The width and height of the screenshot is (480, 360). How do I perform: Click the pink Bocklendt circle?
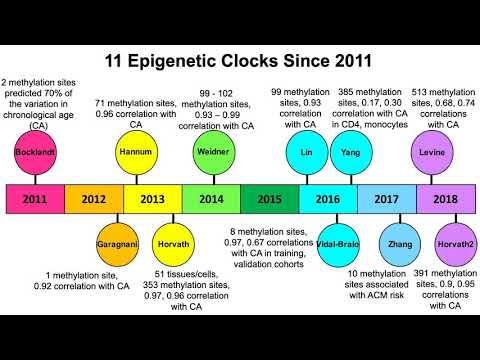[36, 153]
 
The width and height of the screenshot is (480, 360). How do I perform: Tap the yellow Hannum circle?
[135, 152]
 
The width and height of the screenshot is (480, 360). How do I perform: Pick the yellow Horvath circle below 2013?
[173, 243]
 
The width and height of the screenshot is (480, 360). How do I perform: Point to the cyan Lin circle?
[306, 152]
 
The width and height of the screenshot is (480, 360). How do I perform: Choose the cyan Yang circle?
[349, 152]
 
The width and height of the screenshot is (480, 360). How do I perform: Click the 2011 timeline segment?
[36, 198]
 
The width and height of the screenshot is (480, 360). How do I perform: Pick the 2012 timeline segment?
[94, 198]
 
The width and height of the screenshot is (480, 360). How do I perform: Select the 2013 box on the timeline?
[152, 198]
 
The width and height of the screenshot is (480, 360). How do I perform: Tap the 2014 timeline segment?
[210, 198]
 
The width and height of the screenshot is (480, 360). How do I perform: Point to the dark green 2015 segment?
[269, 198]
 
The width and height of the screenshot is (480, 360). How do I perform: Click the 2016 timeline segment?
[327, 198]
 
